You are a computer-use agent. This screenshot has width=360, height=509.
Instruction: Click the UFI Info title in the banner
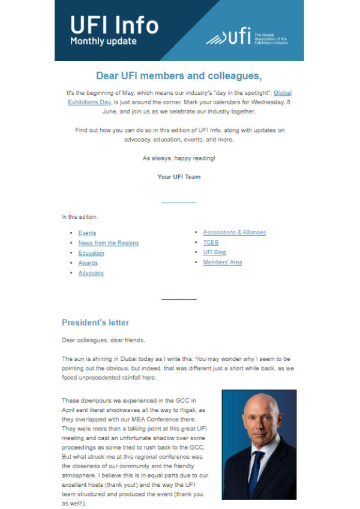(x=114, y=25)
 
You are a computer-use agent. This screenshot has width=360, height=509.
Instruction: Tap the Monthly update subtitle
(x=103, y=42)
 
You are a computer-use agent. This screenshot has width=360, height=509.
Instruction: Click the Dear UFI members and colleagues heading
(x=179, y=76)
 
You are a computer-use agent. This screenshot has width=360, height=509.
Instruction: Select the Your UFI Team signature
(x=179, y=177)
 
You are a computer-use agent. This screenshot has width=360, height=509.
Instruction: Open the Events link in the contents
(x=87, y=233)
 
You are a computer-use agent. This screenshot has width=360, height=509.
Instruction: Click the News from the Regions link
(x=108, y=243)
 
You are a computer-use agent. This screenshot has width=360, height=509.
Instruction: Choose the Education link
(x=91, y=253)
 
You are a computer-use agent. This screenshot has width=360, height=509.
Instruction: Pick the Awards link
(x=88, y=263)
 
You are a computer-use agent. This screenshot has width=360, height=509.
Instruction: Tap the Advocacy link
(x=91, y=273)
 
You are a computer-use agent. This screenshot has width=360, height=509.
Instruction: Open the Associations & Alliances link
(x=234, y=233)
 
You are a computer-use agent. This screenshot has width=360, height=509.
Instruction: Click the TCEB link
(x=211, y=243)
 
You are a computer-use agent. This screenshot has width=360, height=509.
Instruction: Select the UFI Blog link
(x=214, y=253)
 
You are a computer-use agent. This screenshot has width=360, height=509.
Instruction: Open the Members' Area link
(x=222, y=263)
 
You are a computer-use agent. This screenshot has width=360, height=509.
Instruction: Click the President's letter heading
(x=95, y=323)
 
